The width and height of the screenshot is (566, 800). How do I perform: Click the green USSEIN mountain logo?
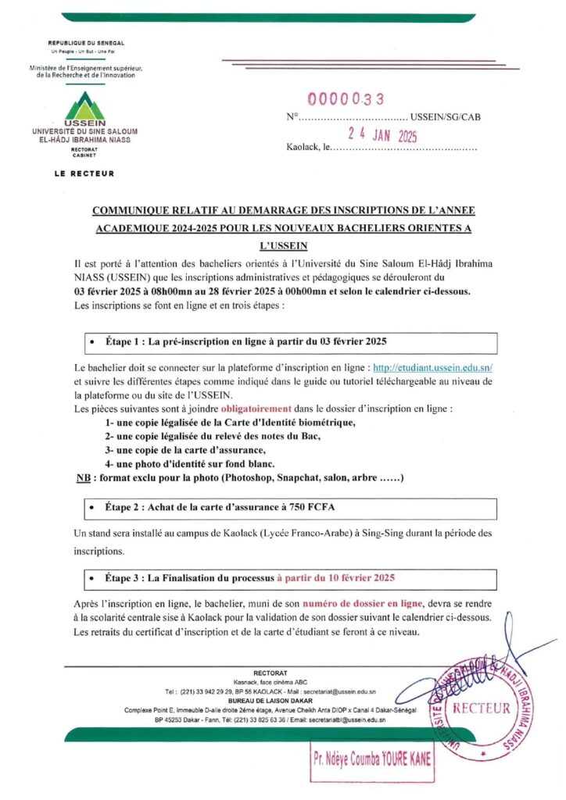(x=84, y=107)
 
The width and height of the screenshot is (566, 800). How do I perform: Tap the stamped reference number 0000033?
(x=346, y=99)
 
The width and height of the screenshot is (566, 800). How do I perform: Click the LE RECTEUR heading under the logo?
(x=84, y=173)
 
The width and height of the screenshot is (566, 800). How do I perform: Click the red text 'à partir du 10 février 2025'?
(x=335, y=578)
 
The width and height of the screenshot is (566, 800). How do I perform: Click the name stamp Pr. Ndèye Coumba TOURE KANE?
(x=371, y=758)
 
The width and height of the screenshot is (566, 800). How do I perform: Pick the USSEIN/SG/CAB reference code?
(x=446, y=117)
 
